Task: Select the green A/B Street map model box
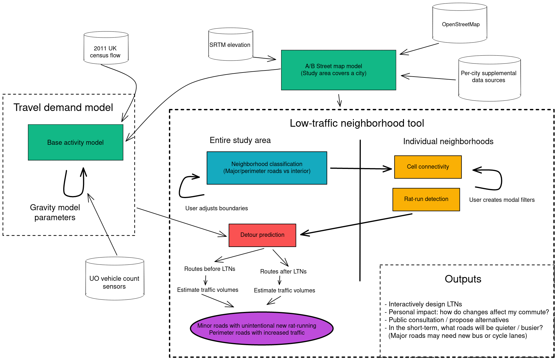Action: (x=338, y=70)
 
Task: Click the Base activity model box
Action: (x=75, y=142)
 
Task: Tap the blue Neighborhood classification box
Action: (x=267, y=168)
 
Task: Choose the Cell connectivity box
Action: (x=428, y=167)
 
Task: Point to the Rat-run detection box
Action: (x=426, y=199)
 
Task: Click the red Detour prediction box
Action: (x=262, y=235)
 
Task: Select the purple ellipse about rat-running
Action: (x=262, y=329)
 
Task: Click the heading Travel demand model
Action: (x=63, y=107)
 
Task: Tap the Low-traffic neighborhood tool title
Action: (x=357, y=123)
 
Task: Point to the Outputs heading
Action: (x=463, y=279)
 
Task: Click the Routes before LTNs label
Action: (x=210, y=269)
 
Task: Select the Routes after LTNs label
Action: (x=283, y=271)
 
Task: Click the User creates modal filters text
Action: (x=502, y=200)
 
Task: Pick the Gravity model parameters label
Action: (x=55, y=212)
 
